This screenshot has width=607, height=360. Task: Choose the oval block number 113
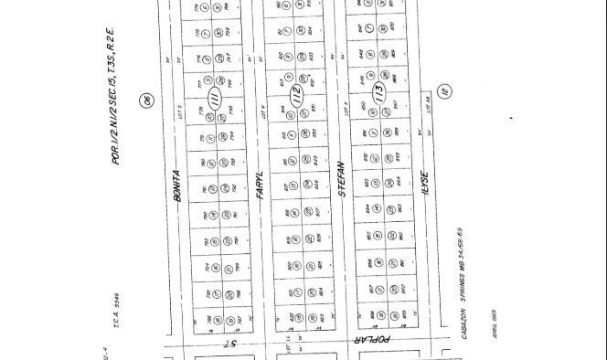click(x=378, y=95)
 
